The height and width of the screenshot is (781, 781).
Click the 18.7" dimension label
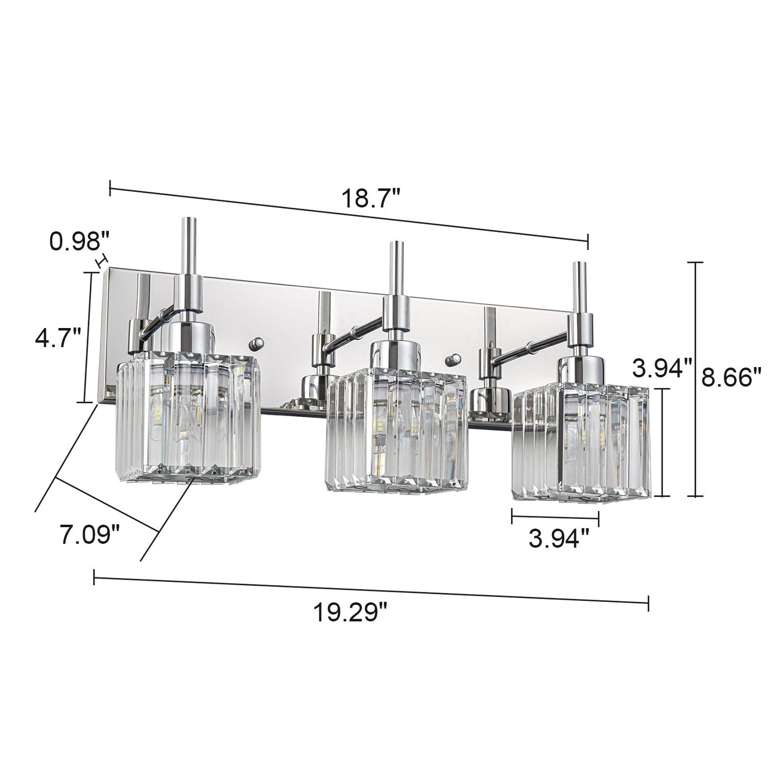click(371, 199)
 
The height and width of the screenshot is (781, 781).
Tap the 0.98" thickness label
click(78, 242)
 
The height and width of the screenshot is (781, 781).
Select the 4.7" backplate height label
click(58, 338)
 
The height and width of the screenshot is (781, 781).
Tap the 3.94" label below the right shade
click(558, 539)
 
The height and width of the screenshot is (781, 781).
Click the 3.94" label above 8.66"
click(662, 368)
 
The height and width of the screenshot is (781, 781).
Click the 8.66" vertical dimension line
click(695, 379)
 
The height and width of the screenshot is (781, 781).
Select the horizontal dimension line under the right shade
click(555, 517)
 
